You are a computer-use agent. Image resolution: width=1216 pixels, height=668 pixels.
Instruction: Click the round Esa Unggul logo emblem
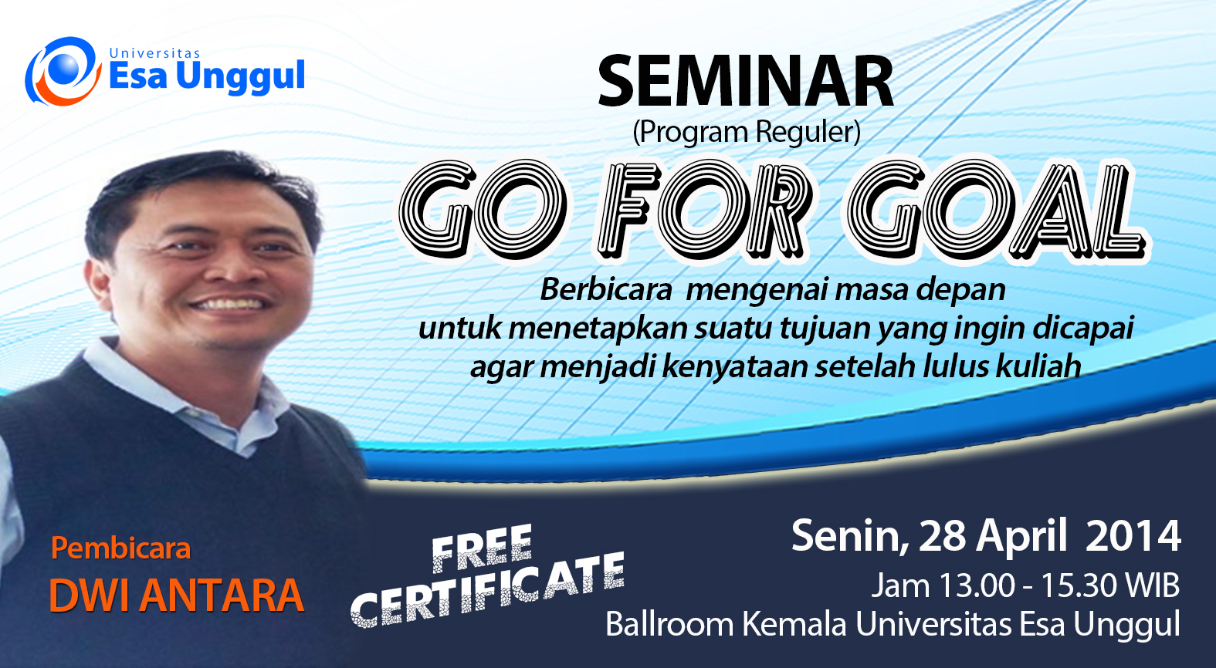[63, 71]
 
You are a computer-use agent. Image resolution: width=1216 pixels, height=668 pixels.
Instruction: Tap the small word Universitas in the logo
[154, 53]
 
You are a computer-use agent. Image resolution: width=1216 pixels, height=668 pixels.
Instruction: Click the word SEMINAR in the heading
[746, 81]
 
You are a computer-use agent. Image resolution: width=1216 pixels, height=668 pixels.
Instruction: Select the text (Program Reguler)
[747, 133]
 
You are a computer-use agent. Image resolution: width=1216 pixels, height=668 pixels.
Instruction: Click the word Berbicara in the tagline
[606, 289]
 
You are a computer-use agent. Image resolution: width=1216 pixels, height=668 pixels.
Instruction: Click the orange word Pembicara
[120, 548]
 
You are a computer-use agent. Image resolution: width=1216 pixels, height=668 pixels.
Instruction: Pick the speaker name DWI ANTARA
[177, 595]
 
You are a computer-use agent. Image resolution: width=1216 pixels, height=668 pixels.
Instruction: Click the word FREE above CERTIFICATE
[482, 548]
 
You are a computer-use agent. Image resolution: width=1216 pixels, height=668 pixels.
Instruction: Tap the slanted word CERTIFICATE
[488, 592]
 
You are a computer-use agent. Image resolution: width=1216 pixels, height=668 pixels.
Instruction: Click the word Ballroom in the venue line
[669, 624]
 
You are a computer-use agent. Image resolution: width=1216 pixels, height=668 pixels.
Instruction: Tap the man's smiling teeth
[228, 304]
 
